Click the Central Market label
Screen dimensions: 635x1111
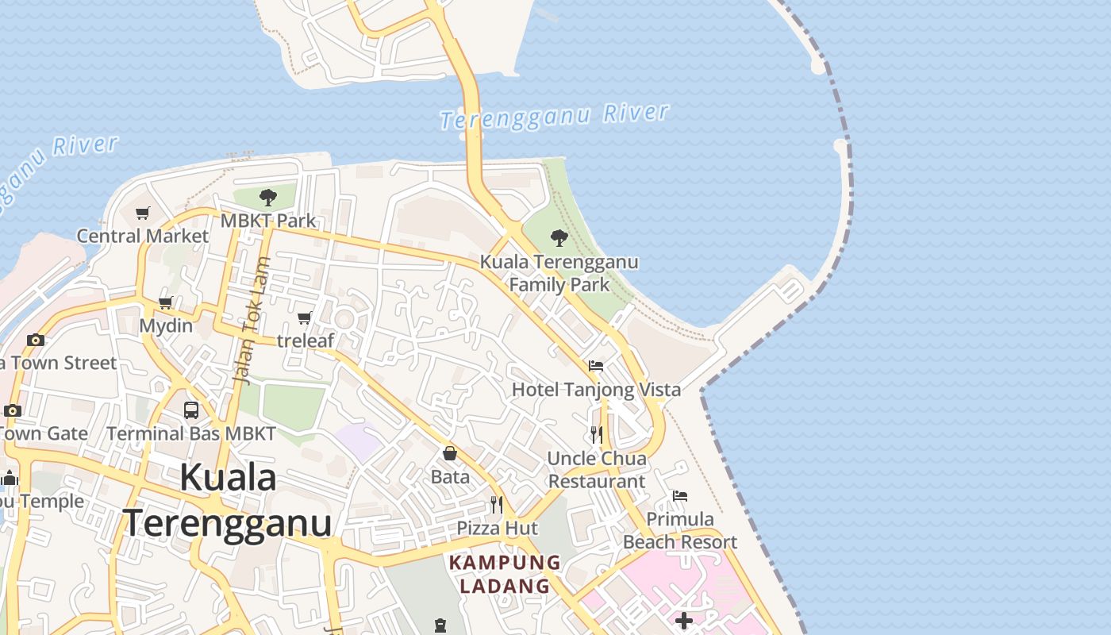(142, 236)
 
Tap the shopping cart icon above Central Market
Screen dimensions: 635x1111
(143, 213)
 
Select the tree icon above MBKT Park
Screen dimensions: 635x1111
(268, 197)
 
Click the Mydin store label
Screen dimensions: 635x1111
(166, 325)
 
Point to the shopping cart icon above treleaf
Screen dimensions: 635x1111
(304, 318)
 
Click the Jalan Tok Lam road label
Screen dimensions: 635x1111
(253, 321)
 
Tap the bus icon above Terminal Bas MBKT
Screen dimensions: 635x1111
(191, 410)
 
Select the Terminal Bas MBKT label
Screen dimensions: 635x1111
(191, 433)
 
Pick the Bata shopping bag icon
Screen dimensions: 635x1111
(450, 453)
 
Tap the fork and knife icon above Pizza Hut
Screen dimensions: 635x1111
(497, 504)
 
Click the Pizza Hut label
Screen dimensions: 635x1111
(497, 528)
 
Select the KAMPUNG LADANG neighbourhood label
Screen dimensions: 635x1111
(505, 575)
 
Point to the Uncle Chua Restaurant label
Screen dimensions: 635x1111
(597, 469)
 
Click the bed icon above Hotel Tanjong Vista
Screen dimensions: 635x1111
(596, 366)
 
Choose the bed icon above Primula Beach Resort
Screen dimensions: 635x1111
(680, 496)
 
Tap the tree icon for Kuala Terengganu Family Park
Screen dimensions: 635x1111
(559, 237)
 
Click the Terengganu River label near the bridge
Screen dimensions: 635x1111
(555, 116)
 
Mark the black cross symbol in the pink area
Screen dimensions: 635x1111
(684, 620)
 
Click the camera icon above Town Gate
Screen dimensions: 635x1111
(12, 410)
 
